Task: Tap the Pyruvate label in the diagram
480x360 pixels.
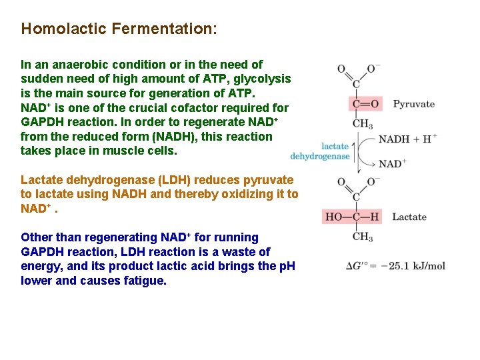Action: click(x=413, y=104)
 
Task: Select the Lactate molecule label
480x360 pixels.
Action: click(x=409, y=217)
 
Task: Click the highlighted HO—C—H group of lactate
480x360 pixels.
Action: click(x=352, y=217)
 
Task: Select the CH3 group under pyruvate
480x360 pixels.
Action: click(x=362, y=124)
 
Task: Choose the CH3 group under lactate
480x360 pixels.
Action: click(x=362, y=237)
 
